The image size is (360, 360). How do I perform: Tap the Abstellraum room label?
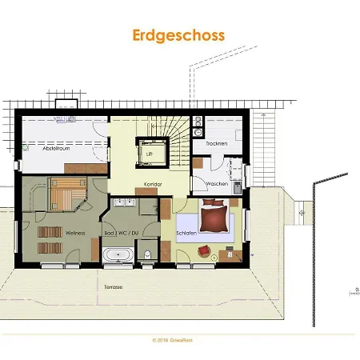pos(42,148)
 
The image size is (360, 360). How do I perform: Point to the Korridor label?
pos(153,184)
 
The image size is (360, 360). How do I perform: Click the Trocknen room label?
pos(216,144)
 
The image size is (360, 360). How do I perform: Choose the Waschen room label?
pos(216,184)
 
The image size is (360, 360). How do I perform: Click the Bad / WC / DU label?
pos(122,233)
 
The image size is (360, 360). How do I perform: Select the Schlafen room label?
pos(186,233)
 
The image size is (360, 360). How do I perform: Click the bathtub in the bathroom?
pos(119,254)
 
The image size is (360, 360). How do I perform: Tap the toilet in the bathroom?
pos(148,254)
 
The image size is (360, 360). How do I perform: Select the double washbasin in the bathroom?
pos(124,202)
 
